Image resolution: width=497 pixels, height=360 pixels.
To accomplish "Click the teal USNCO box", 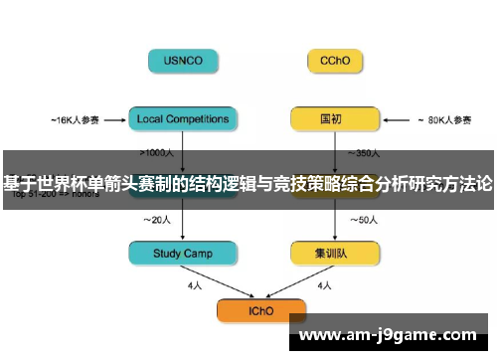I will (x=184, y=60).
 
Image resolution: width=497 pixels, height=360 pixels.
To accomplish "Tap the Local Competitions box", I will (x=184, y=120).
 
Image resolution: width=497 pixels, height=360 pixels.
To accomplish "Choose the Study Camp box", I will (x=184, y=255).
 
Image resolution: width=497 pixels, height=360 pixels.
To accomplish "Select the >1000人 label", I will (x=159, y=153).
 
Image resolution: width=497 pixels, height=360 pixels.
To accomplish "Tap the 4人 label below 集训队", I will (x=323, y=286).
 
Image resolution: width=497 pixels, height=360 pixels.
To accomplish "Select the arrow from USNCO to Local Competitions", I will (x=184, y=90).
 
